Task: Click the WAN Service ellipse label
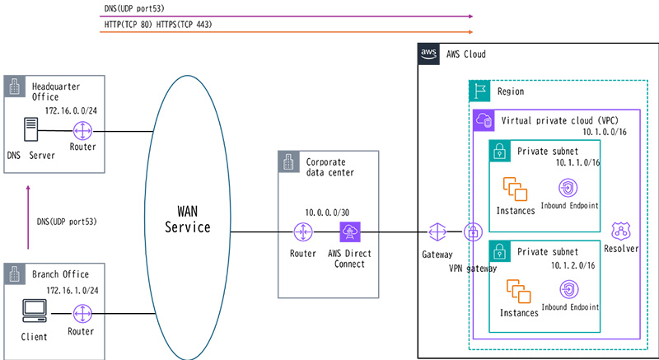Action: pyautogui.click(x=194, y=216)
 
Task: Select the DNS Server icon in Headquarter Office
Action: pyautogui.click(x=30, y=131)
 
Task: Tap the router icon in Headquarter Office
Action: pyautogui.click(x=83, y=131)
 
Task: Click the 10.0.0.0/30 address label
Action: pyautogui.click(x=326, y=212)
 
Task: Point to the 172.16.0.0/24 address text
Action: pyautogui.click(x=72, y=109)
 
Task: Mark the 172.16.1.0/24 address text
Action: pyautogui.click(x=71, y=290)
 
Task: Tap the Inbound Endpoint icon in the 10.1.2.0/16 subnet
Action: pyautogui.click(x=568, y=289)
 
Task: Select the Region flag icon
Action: pyautogui.click(x=479, y=91)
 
